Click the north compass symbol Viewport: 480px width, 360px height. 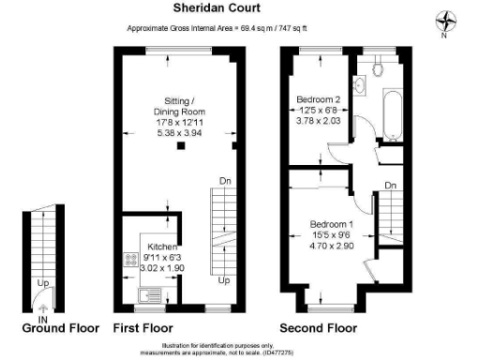pyautogui.click(x=446, y=21)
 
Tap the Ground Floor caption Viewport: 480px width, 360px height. pyautogui.click(x=61, y=328)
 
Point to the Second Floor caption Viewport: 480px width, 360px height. pyautogui.click(x=319, y=328)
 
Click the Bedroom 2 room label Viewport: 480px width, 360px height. pyautogui.click(x=318, y=98)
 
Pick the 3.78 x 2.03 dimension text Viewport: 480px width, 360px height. pyautogui.click(x=318, y=120)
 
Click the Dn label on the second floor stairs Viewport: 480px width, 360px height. pyautogui.click(x=389, y=187)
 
